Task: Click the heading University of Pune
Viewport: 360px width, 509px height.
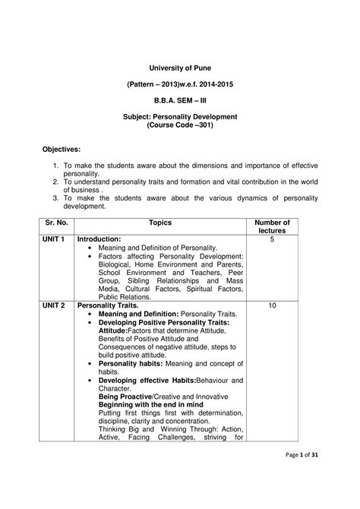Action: [180, 68]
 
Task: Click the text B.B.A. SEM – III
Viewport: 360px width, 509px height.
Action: [180, 100]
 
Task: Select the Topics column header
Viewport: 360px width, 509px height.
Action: [161, 223]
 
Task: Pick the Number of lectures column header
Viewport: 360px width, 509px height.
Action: [270, 226]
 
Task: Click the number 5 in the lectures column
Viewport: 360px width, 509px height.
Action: [270, 239]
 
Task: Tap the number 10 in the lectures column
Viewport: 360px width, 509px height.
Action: [270, 305]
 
